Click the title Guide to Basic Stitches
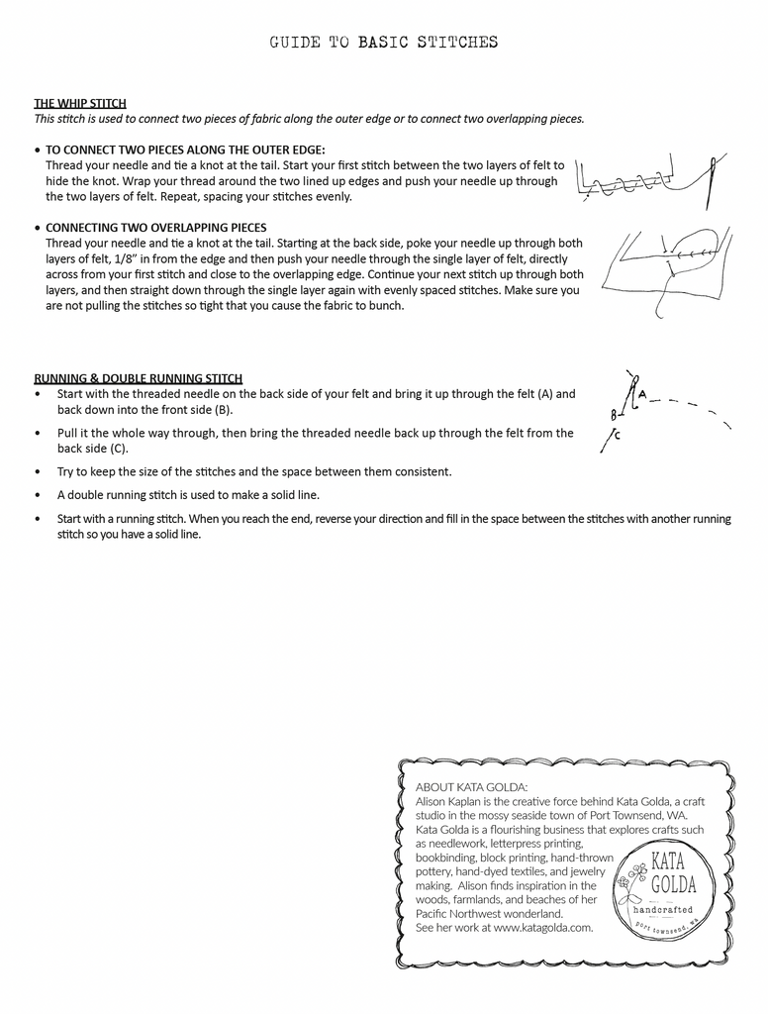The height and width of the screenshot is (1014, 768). (x=384, y=43)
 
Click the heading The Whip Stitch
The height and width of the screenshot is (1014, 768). (x=80, y=103)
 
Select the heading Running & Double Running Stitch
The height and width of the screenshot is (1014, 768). (x=139, y=378)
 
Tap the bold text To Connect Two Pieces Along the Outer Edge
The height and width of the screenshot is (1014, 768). (x=185, y=151)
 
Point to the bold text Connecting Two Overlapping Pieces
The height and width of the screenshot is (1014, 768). (x=155, y=228)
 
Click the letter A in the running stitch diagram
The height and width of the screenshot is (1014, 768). (x=642, y=394)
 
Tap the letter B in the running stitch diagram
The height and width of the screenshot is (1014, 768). (x=614, y=415)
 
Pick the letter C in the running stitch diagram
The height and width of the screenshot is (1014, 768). (x=618, y=434)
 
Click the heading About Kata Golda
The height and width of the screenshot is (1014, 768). (x=472, y=786)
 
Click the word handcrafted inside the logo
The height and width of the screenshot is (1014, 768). (x=663, y=909)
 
